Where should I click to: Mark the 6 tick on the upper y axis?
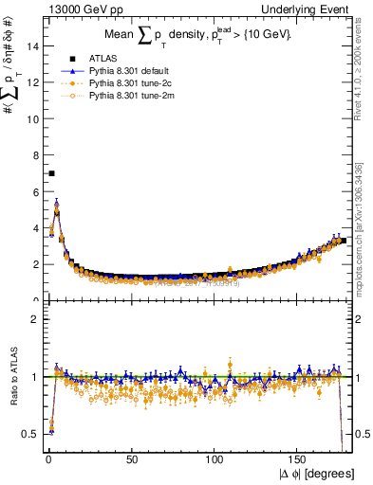click(x=34, y=191)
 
